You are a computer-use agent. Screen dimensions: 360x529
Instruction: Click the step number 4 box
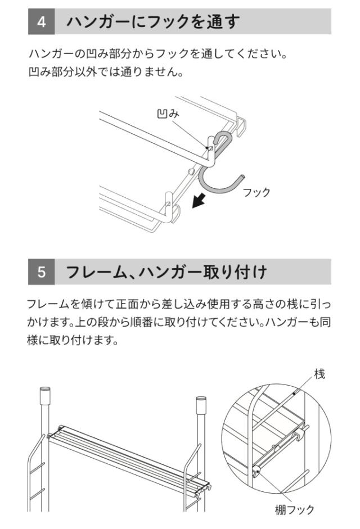click(x=41, y=21)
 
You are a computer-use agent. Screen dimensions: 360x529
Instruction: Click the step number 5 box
click(x=41, y=272)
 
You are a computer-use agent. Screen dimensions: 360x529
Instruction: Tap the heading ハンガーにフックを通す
click(x=153, y=22)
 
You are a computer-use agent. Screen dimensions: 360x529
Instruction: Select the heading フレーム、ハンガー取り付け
click(x=166, y=272)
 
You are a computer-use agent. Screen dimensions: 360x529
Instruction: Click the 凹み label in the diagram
click(x=168, y=114)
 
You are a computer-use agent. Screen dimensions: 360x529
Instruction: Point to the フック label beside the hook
click(x=256, y=192)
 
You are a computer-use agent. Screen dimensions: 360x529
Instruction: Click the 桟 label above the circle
click(x=319, y=374)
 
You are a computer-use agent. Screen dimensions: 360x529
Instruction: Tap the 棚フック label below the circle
click(x=295, y=509)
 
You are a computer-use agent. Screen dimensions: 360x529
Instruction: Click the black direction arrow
click(x=199, y=200)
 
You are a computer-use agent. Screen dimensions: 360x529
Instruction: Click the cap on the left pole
click(x=44, y=396)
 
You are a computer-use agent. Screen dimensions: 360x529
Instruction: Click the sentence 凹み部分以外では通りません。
click(x=106, y=72)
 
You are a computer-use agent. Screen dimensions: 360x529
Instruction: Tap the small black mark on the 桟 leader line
click(x=295, y=394)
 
